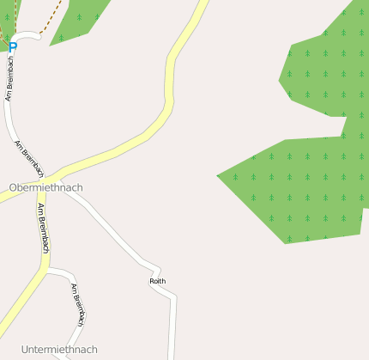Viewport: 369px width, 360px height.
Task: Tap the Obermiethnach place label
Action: tap(46, 186)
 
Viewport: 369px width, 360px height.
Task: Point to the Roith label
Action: tap(157, 281)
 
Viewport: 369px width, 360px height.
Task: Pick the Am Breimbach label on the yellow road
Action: tap(43, 228)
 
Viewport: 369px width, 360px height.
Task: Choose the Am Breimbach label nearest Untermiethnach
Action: tap(78, 304)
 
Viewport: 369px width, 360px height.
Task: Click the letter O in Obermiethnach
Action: tap(13, 186)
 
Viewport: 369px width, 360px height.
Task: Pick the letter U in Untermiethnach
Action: tap(25, 350)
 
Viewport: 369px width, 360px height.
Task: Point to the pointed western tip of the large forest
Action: tap(218, 176)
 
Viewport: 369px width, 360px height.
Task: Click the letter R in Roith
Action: tap(152, 281)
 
